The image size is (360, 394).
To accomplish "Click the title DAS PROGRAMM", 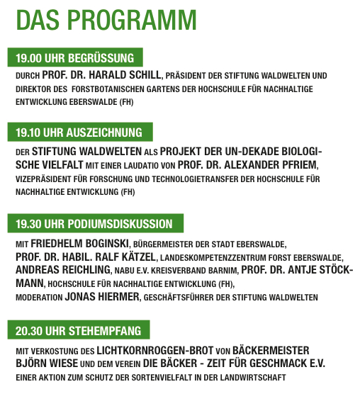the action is [x=106, y=19].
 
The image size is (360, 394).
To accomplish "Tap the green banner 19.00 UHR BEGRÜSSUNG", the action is [x=75, y=57].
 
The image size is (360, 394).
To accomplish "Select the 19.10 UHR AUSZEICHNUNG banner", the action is [x=79, y=133].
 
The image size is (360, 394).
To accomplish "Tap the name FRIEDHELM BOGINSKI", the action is [x=79, y=244].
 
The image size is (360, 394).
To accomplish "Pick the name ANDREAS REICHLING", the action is [x=62, y=270].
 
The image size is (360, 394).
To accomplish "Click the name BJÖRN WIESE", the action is [x=46, y=364].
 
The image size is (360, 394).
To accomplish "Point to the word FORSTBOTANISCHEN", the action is [x=119, y=89].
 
